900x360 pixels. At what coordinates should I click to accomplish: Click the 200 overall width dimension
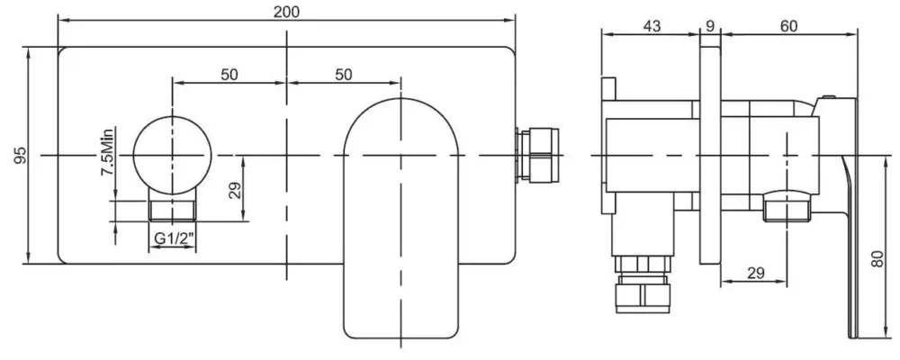tap(286, 12)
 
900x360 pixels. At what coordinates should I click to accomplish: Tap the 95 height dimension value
tap(21, 155)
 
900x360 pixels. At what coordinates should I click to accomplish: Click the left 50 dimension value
tap(229, 74)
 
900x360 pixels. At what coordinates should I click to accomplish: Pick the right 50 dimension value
tap(344, 74)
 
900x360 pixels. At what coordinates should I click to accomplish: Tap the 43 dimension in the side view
tap(652, 26)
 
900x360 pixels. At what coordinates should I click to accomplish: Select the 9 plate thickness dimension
tap(710, 26)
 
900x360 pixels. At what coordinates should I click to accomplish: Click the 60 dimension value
tap(789, 26)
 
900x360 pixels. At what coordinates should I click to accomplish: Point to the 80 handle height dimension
tap(877, 259)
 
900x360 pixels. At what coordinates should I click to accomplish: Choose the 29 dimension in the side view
tap(756, 274)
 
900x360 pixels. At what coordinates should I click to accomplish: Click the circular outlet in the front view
tap(172, 155)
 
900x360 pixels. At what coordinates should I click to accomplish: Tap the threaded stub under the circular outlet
tap(172, 210)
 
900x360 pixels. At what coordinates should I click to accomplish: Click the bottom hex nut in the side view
tap(643, 293)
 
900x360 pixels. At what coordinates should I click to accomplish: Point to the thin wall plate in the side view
tap(711, 156)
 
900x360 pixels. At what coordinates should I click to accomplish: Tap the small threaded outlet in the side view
tap(787, 207)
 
